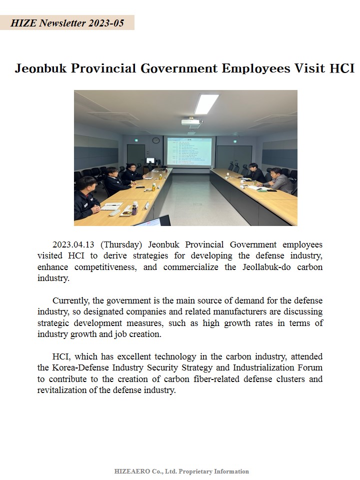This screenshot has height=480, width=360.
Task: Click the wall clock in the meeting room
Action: (156, 140)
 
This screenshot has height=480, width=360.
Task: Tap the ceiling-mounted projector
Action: (191, 121)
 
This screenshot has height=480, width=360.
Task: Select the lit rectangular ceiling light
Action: (206, 103)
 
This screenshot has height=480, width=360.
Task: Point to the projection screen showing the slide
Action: (189, 151)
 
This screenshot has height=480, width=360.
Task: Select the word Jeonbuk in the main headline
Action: (41, 68)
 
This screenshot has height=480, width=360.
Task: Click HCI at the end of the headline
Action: (342, 68)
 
